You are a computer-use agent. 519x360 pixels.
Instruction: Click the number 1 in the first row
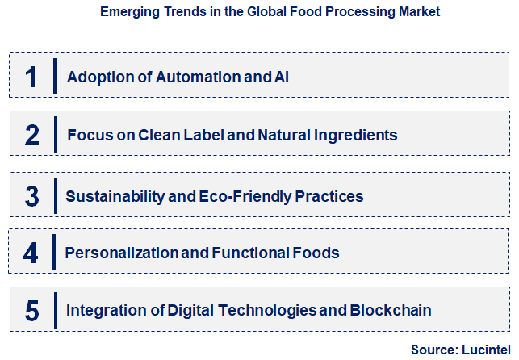[31, 77]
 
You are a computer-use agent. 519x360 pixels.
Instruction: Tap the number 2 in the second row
[31, 135]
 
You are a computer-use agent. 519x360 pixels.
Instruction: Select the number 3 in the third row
[31, 196]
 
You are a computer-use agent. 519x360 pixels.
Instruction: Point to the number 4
[31, 253]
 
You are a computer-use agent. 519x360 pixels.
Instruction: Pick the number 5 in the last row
[31, 310]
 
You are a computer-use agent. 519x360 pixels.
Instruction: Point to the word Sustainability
[115, 196]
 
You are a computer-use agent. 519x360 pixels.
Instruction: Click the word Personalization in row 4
[121, 253]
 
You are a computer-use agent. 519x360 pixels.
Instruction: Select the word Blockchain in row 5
[391, 310]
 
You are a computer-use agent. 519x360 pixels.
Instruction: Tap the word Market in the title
[418, 13]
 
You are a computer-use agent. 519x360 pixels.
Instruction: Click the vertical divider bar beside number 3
[54, 195]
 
